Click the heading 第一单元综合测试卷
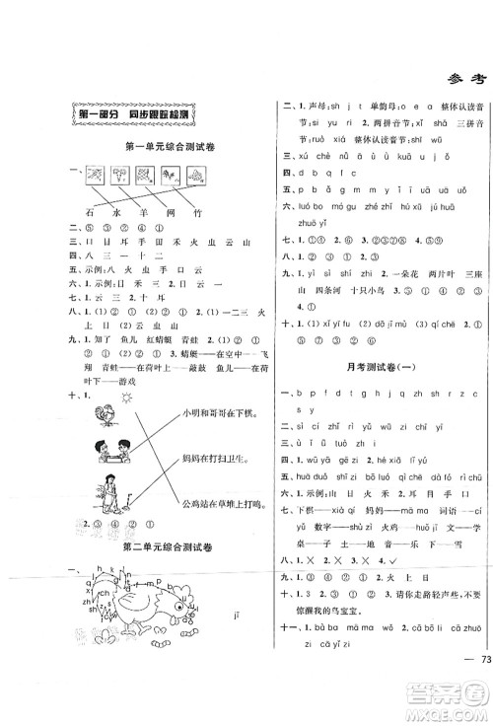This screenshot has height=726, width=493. [157, 148]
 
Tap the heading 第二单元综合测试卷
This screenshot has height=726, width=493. [157, 545]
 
